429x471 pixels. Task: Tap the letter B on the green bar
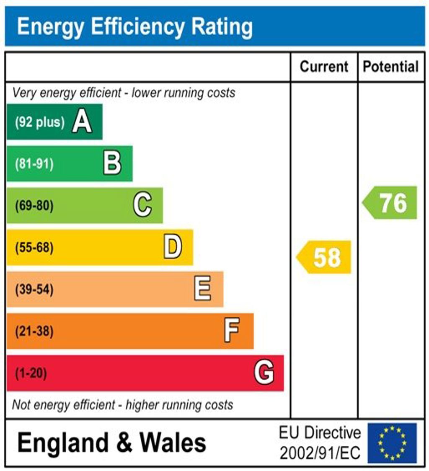point(112,163)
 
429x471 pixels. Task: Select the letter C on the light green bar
point(142,205)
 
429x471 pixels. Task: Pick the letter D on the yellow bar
point(173,247)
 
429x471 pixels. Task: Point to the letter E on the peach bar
point(203,289)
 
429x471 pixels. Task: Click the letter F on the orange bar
point(232,331)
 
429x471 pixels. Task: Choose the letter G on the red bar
point(264,373)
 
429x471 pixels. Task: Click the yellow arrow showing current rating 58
point(324,257)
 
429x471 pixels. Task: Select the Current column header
point(324,67)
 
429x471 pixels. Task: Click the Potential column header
point(391,67)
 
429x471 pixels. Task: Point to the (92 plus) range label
point(40,122)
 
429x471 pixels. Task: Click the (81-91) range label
point(34,164)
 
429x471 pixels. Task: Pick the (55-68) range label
point(34,248)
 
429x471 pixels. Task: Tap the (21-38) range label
point(34,331)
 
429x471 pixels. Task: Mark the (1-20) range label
point(31,373)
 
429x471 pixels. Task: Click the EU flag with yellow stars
point(392,443)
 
